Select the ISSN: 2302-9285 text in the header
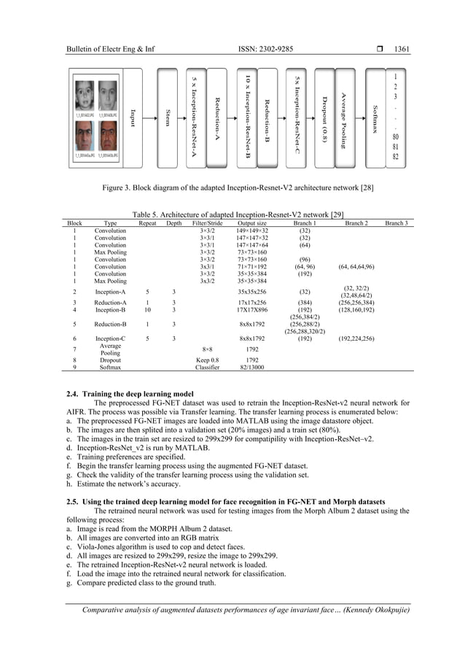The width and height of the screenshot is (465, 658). click(265, 50)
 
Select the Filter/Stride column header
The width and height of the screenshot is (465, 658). click(207, 223)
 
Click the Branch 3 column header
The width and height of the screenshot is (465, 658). click(396, 223)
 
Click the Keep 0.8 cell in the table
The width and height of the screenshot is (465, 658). click(207, 360)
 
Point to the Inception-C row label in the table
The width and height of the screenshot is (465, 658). click(110, 338)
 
